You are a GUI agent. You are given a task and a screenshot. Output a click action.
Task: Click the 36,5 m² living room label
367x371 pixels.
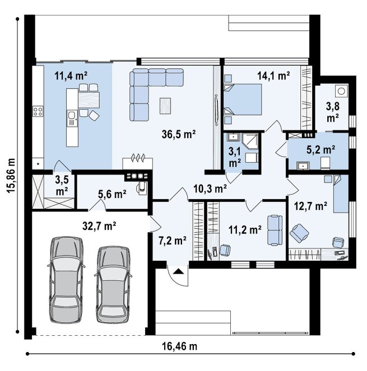tap(179, 134)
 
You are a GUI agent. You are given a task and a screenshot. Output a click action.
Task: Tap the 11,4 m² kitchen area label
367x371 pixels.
tap(71, 76)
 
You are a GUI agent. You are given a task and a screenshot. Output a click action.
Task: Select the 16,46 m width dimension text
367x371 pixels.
tap(179, 346)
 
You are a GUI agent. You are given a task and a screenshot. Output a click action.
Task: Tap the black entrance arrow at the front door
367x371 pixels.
tap(178, 271)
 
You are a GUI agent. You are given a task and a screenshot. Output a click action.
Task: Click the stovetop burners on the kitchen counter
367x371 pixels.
tap(38, 111)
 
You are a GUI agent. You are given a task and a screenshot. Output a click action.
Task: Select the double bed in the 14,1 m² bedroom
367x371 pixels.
tap(243, 100)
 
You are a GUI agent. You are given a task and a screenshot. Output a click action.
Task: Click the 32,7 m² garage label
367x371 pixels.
tap(99, 226)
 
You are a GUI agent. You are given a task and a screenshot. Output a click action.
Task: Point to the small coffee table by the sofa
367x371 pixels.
tap(165, 106)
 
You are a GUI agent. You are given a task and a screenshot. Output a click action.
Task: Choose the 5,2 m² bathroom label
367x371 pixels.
tap(320, 149)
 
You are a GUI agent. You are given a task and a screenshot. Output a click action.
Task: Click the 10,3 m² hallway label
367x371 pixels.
tap(210, 189)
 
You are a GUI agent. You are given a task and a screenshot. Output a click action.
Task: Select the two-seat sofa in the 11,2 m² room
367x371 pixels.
tap(275, 230)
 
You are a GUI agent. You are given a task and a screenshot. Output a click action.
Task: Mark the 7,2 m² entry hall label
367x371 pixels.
tap(172, 241)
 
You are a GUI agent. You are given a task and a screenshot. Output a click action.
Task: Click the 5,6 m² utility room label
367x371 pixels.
tap(112, 194)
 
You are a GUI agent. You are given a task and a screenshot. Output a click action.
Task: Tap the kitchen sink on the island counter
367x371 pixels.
tap(72, 118)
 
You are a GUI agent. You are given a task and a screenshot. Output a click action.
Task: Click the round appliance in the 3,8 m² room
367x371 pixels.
tap(341, 90)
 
